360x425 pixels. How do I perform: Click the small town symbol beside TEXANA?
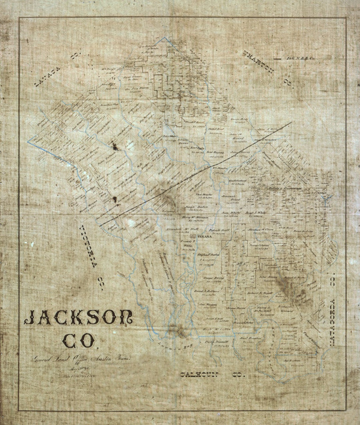tap(193, 236)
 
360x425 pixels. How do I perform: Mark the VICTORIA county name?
tap(88, 246)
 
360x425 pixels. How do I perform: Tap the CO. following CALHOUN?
tap(238, 375)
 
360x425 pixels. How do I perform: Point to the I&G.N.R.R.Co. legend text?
tap(300, 59)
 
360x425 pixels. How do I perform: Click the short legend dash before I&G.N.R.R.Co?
tap(277, 59)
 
